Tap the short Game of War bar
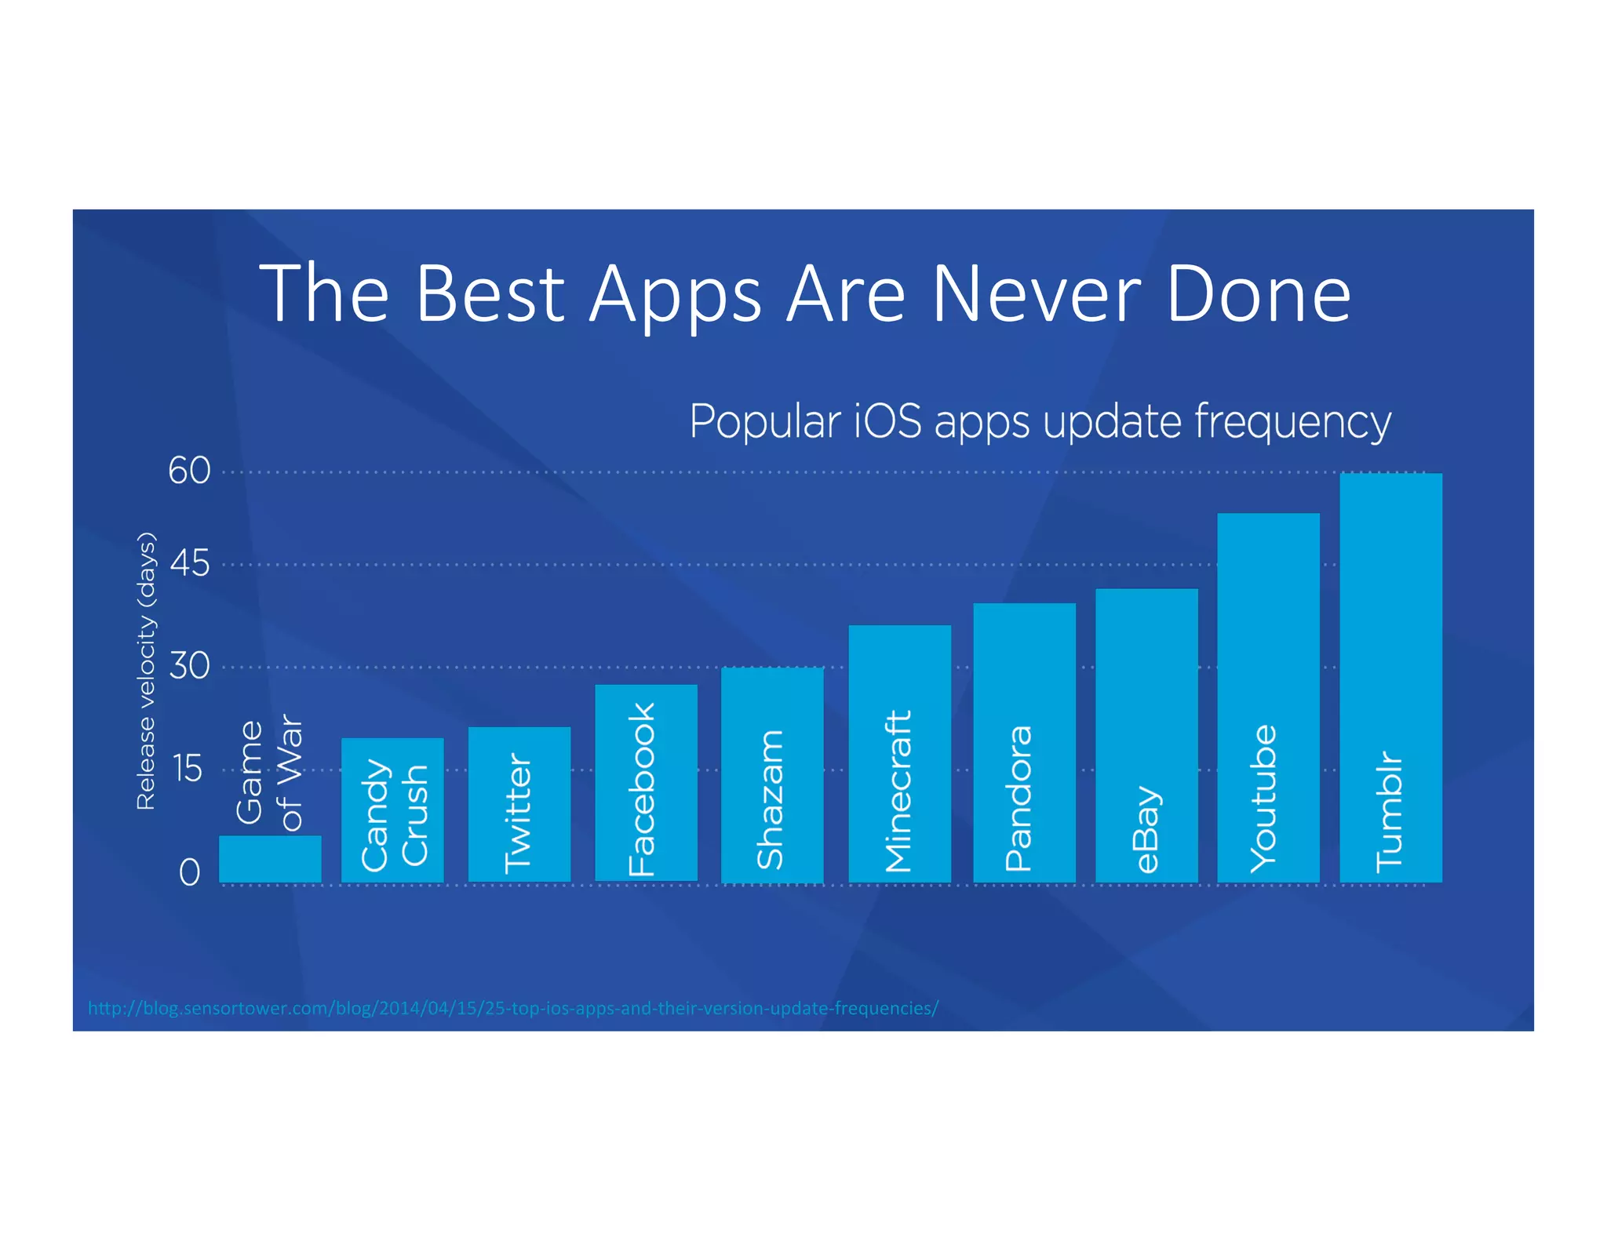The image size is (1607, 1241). pyautogui.click(x=270, y=859)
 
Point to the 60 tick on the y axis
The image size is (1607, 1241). pyautogui.click(x=189, y=471)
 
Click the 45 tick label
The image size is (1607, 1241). pyautogui.click(x=189, y=563)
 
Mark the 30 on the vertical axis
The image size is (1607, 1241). pyautogui.click(x=189, y=666)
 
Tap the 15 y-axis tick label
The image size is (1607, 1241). pyautogui.click(x=188, y=769)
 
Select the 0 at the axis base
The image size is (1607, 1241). pyautogui.click(x=189, y=872)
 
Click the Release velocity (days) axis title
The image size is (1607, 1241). pyautogui.click(x=146, y=671)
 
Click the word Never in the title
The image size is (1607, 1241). pyautogui.click(x=1036, y=294)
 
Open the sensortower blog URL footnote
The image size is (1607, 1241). pyautogui.click(x=512, y=1008)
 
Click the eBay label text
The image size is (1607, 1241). pyautogui.click(x=1147, y=828)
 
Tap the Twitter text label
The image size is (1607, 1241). pyautogui.click(x=518, y=813)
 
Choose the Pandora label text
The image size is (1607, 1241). pyautogui.click(x=1018, y=798)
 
